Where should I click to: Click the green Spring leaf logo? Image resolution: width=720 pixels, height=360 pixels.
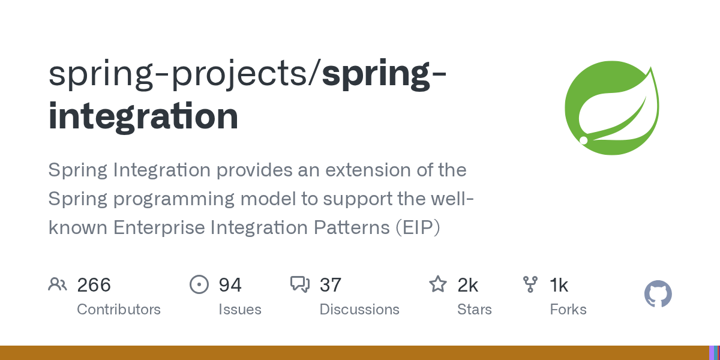pos(612,107)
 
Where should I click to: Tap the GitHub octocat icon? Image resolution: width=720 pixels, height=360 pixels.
pos(658,295)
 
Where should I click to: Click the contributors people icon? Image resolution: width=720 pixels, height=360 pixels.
pos(58,284)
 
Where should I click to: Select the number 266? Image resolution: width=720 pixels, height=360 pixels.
pos(94,284)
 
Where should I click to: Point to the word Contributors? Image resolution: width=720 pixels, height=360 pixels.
pos(119,310)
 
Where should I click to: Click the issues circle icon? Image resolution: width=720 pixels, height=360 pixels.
pos(199,284)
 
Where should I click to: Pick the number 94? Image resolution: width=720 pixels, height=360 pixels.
pos(230,284)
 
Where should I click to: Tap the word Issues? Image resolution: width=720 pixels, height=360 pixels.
pos(239,310)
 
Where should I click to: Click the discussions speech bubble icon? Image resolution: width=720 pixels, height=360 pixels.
pos(299,284)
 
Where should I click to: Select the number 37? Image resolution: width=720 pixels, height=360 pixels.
pos(331,284)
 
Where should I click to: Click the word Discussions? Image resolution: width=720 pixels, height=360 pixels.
pos(359,310)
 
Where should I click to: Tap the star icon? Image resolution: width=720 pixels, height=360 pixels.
pos(437,284)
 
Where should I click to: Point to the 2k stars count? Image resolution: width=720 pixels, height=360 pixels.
pos(468,284)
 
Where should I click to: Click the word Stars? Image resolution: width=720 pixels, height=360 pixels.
pos(474,310)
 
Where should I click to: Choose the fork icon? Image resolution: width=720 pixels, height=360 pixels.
pos(530,284)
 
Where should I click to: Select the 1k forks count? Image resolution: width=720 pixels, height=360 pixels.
pos(559,284)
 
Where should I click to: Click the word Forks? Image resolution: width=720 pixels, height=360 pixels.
pos(568,310)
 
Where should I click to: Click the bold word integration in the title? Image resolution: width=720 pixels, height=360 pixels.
pos(143,116)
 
